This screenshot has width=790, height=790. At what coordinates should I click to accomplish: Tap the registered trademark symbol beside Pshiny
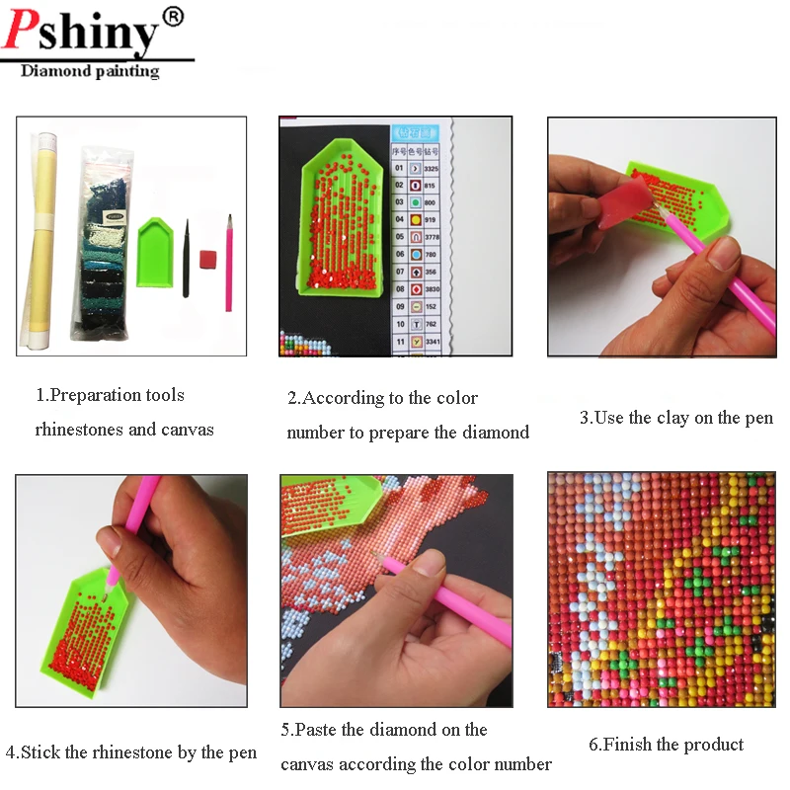172,18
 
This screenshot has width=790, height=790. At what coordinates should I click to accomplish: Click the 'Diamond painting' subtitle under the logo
90,71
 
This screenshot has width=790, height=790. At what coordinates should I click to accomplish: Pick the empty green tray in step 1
154,241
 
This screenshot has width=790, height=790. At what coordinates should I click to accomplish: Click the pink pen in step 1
229,262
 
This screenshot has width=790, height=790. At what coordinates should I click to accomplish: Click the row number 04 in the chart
399,218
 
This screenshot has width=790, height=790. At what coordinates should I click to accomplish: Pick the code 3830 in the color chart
432,288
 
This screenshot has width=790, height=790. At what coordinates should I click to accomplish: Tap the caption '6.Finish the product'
667,745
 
